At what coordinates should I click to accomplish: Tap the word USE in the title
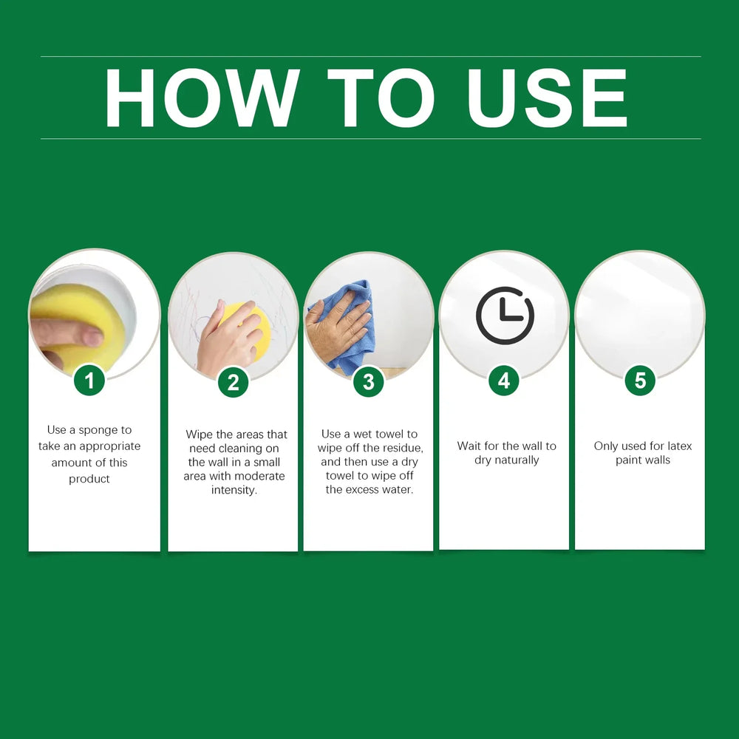pos(547,98)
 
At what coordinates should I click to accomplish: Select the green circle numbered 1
pos(89,381)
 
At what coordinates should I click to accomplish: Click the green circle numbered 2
pos(234,382)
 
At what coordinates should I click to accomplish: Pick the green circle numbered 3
pos(369,381)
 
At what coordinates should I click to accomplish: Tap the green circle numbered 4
pos(504,381)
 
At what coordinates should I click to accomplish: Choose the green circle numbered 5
pos(640,381)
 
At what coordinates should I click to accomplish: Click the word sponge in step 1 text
pos(98,430)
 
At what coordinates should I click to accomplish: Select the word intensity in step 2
pos(234,490)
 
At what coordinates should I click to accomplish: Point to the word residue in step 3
pos(401,449)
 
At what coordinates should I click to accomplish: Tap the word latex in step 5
pos(680,446)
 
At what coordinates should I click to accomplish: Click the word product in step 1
pos(89,480)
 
